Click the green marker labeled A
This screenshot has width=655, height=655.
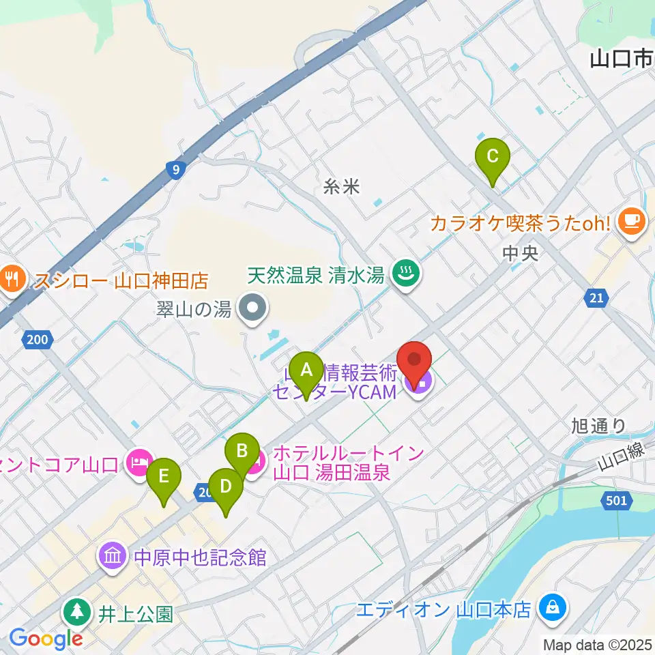coord(306,370)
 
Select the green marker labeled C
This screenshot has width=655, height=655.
coord(493,156)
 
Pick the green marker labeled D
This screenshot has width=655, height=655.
coord(225,487)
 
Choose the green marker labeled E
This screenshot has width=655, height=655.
coord(163,476)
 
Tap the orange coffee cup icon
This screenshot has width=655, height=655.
coord(632,221)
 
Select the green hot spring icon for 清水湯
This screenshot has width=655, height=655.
coord(407,274)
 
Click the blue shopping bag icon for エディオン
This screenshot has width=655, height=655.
coord(550,606)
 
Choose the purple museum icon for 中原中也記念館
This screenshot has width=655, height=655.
coord(113,556)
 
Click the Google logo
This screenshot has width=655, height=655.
coord(45,639)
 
